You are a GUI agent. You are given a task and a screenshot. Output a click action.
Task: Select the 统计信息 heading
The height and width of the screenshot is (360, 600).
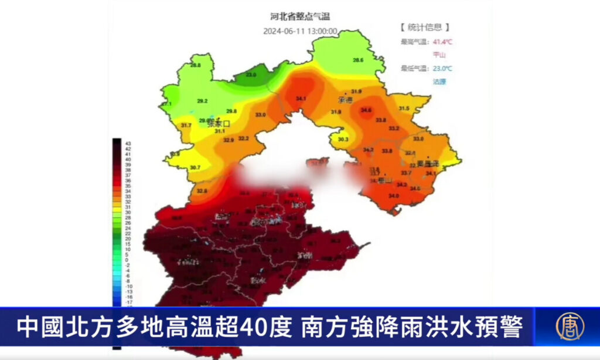click(425, 28)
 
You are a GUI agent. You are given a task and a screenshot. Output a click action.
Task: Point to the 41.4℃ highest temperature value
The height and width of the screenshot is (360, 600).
click(442, 42)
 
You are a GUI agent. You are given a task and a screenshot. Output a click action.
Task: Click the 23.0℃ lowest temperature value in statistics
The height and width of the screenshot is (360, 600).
click(442, 69)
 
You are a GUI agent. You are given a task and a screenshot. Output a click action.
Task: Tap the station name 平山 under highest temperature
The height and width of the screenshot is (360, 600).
click(439, 55)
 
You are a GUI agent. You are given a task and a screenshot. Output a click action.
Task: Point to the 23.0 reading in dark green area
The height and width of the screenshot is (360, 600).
click(251, 75)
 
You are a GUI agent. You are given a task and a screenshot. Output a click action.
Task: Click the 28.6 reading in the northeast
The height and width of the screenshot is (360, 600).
click(358, 60)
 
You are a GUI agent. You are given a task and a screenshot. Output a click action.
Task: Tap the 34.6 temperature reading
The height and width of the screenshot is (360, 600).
click(366, 110)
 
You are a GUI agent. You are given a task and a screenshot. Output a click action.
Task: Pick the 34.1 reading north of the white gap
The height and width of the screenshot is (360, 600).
click(301, 99)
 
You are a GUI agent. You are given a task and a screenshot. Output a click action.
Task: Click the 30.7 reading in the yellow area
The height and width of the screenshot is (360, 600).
click(195, 168)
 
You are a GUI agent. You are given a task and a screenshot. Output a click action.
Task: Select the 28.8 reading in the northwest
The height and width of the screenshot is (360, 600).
click(195, 65)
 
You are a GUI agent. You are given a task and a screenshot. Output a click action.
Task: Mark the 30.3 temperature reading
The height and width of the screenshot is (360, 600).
click(343, 139)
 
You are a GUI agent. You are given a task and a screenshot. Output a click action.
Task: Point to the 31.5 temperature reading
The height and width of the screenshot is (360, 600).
click(404, 108)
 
